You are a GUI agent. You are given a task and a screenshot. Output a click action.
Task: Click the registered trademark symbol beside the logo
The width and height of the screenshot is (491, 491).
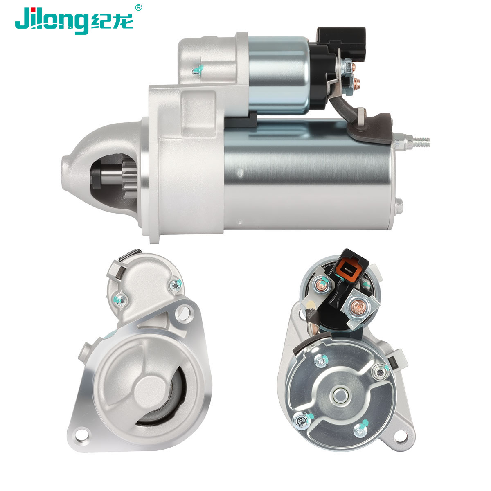pos(138,7)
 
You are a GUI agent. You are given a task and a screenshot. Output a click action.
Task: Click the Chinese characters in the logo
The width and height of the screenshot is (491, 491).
pos(112,22)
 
